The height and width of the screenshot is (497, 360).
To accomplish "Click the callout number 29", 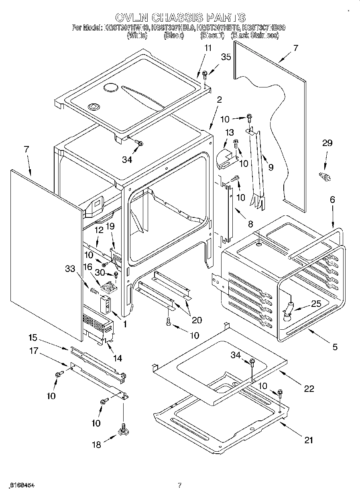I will pos(327,143).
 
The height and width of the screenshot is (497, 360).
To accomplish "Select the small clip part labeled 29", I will pos(324,176).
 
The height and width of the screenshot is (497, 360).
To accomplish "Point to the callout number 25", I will pos(316,304).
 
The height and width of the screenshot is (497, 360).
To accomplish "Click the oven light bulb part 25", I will pos(289,311).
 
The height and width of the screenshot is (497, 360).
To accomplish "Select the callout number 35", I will pos(226,57).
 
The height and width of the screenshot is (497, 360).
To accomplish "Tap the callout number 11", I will pos(207,48).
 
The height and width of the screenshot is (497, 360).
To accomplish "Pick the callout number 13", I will pos(229,133).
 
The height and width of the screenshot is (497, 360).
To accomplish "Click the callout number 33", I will pos(70,269).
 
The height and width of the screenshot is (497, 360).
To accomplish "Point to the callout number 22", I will pos(309,388).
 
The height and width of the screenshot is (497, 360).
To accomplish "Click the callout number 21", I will pos(308,440).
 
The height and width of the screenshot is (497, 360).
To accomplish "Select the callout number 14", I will pos(118,358).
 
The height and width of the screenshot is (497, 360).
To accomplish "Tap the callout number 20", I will pos(197,320).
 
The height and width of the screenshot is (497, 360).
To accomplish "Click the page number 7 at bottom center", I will pos(180,485).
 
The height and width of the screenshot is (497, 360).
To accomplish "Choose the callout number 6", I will pos(332,199).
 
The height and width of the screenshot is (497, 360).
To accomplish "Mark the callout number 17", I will pos(34,351).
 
